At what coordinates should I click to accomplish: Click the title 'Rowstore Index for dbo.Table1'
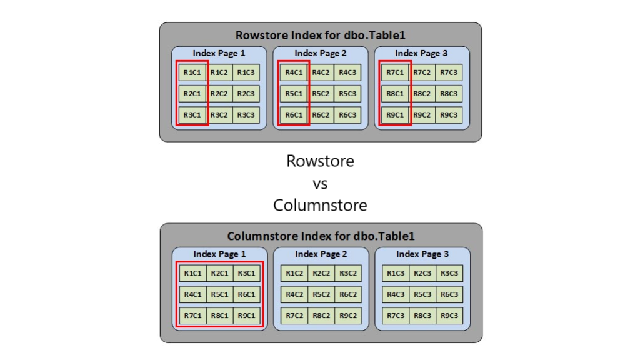320,36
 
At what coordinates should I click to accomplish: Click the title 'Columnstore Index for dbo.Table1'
321,236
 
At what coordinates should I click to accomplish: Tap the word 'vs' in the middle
320,183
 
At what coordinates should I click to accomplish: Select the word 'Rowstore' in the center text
320,161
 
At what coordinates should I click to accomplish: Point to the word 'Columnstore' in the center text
320,205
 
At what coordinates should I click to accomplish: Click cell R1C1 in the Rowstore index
192,72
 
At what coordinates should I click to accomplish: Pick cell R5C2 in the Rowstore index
321,94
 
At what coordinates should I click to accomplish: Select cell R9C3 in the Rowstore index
448,115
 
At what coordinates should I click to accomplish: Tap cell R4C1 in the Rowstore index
294,72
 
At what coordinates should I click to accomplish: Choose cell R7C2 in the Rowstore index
422,72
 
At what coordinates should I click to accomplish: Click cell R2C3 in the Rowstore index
246,94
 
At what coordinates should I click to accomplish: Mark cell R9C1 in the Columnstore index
246,316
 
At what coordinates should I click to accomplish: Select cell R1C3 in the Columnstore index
396,273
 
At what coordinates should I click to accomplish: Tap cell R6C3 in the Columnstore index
449,294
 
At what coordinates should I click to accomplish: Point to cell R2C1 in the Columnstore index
219,273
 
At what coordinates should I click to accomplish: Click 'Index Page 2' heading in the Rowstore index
320,53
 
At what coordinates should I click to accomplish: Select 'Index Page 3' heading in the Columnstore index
422,254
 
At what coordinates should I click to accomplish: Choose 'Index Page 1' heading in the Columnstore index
219,254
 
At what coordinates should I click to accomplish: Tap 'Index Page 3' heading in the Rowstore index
421,53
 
